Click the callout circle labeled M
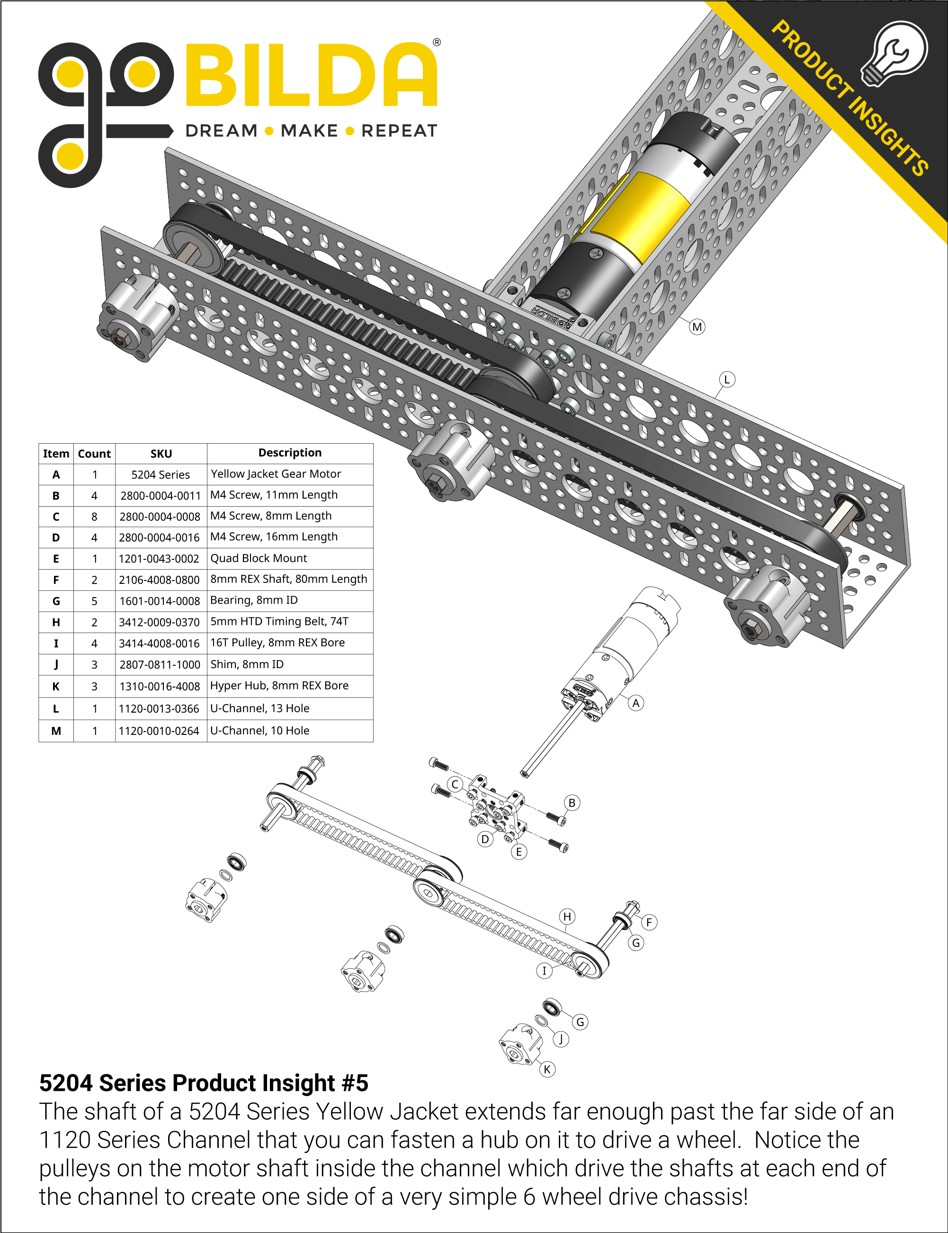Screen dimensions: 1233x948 click(697, 327)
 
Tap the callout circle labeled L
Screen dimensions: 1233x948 click(727, 380)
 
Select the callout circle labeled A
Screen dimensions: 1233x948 click(636, 703)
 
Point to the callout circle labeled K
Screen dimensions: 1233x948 click(547, 1069)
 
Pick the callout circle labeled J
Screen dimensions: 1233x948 click(561, 1039)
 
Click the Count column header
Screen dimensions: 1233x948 click(94, 454)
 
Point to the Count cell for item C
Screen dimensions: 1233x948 click(94, 516)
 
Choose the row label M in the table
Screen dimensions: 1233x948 click(56, 731)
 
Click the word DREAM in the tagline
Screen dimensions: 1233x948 click(221, 131)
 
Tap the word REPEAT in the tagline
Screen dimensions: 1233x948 click(399, 131)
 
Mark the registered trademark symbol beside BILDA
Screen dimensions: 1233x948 click(437, 42)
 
